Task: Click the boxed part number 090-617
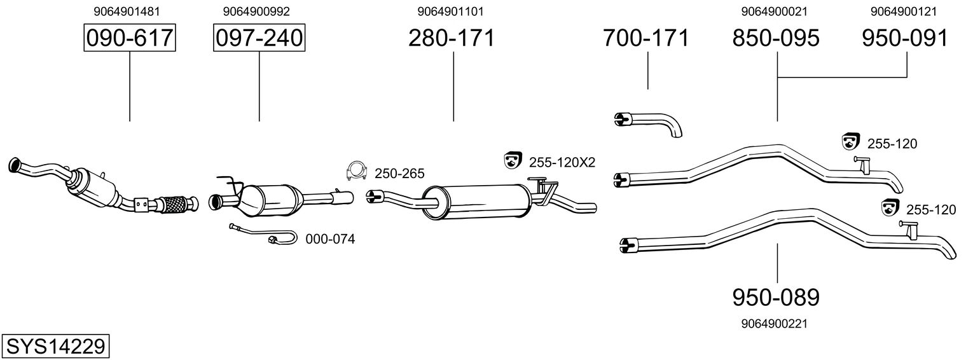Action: coord(130,38)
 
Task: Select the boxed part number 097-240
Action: coord(259,38)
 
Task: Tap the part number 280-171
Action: coord(452,38)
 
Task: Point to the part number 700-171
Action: coord(646,38)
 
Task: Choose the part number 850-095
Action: coord(776,38)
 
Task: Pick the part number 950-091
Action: coord(905,38)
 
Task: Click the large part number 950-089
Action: coord(776,296)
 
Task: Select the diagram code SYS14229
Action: coord(55,347)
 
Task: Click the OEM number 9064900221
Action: coord(775,324)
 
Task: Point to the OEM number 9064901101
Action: coord(455,11)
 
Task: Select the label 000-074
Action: coord(330,239)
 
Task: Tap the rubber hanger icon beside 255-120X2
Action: coord(511,161)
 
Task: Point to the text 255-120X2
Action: coord(562,163)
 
